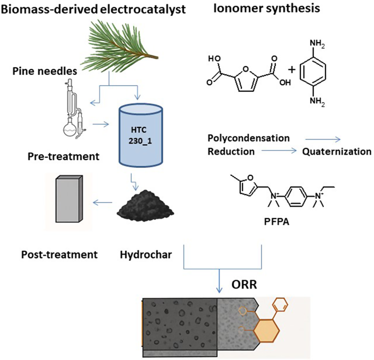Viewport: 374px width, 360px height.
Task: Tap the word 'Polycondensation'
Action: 248,138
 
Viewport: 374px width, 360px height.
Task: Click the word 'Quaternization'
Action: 337,151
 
